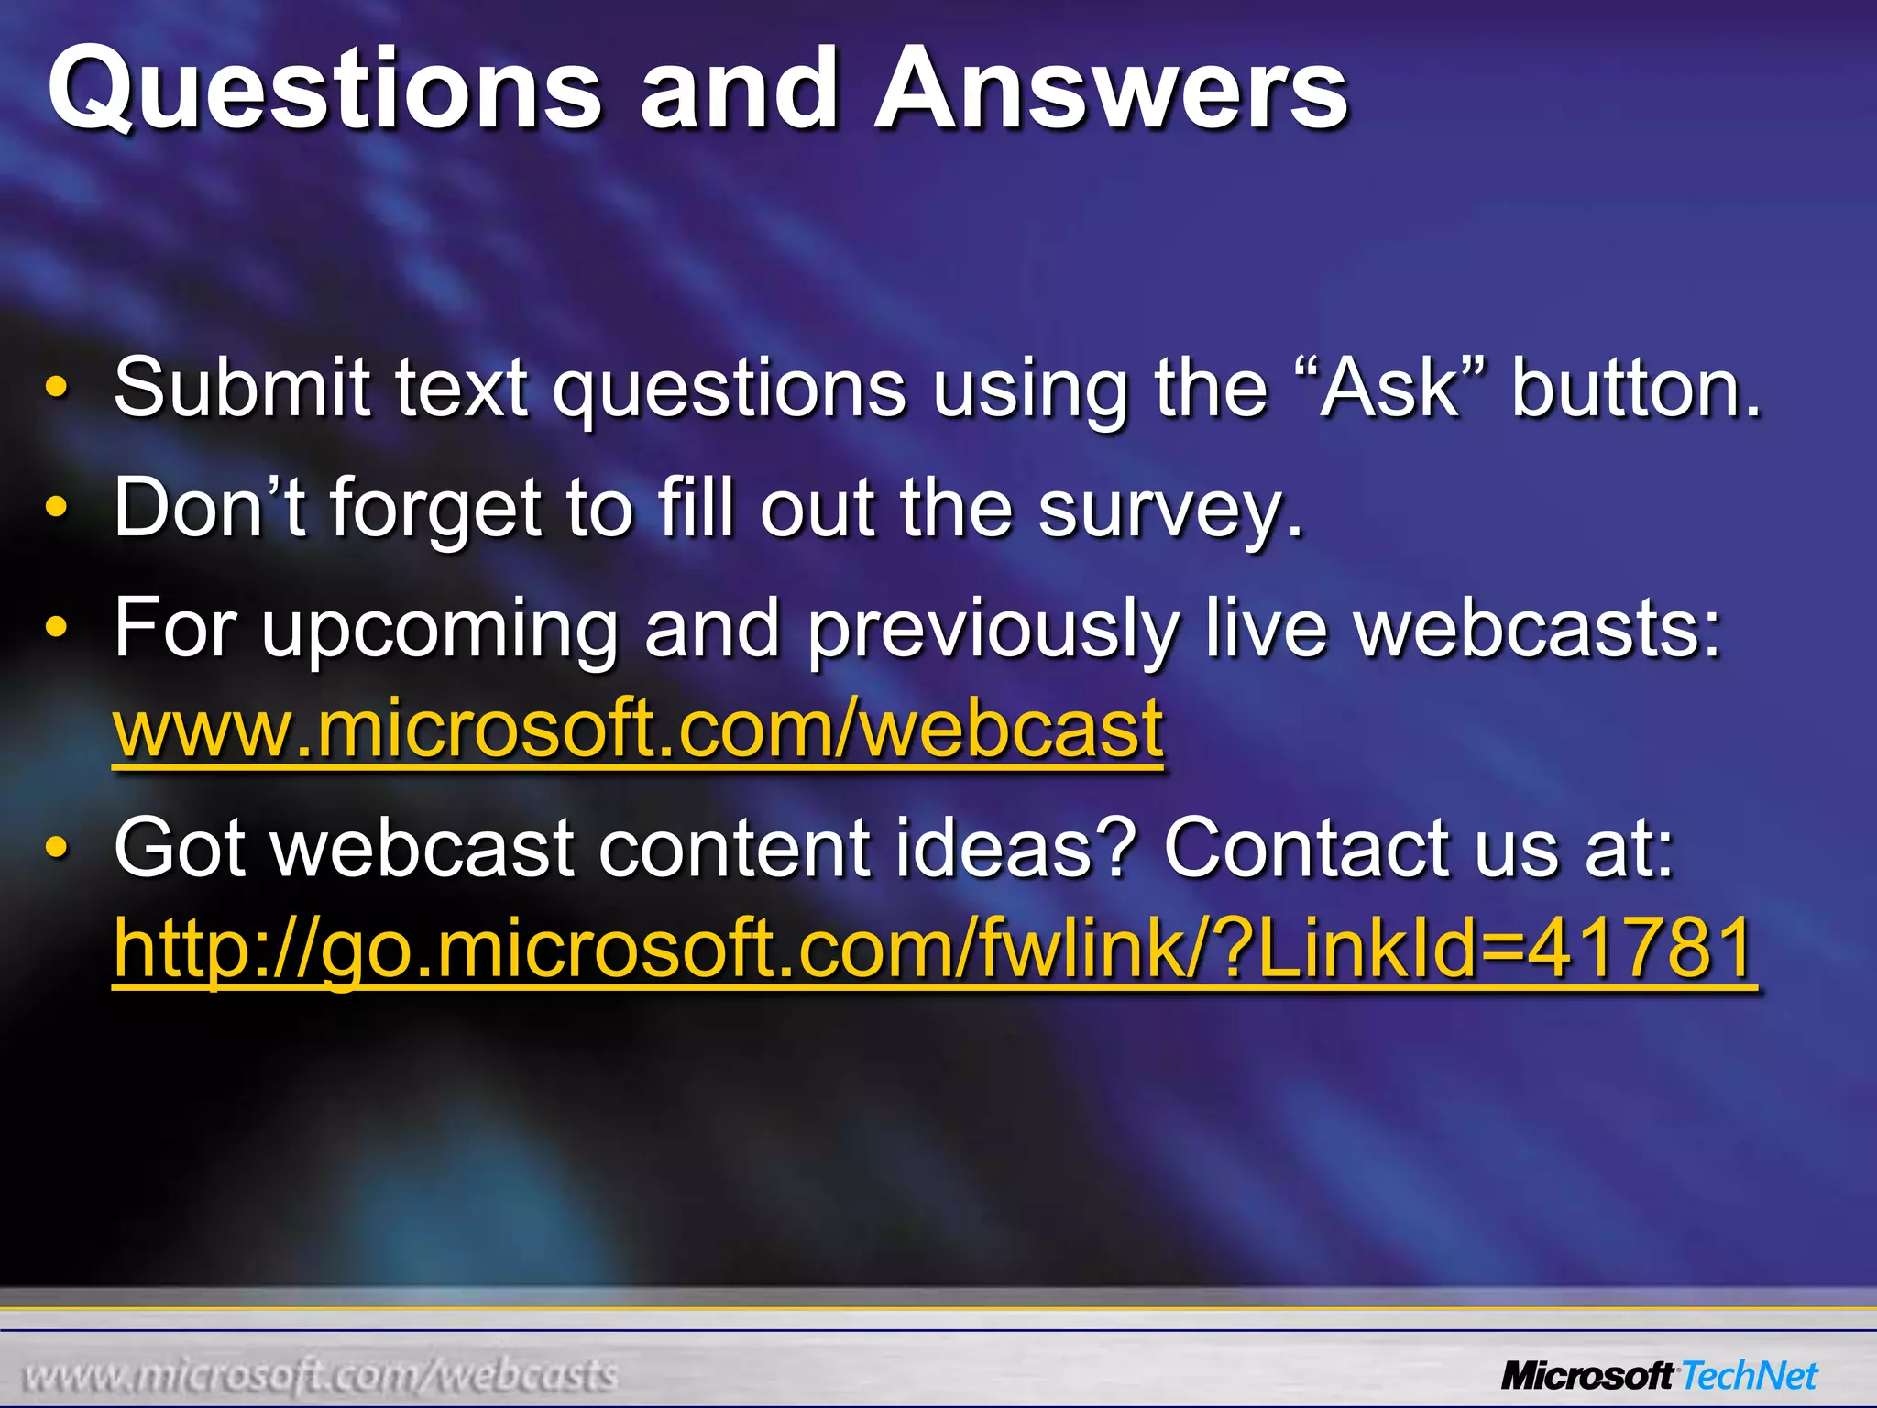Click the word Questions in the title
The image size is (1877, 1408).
(325, 90)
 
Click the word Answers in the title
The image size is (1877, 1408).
(1111, 90)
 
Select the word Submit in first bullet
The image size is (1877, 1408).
(241, 388)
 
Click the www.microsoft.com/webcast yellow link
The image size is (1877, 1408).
(638, 729)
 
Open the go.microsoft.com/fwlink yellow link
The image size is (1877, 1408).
(934, 949)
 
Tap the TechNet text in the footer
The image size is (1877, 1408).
(1750, 1376)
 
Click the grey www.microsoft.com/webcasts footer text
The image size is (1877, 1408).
(321, 1376)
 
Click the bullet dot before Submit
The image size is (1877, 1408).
(57, 388)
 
